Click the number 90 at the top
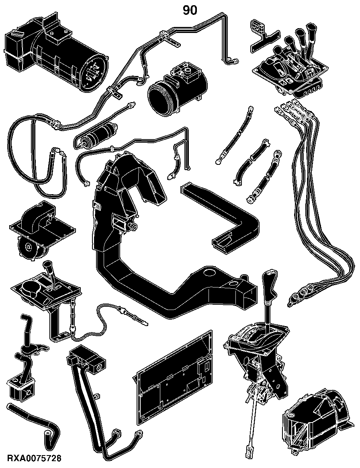click(190, 10)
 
